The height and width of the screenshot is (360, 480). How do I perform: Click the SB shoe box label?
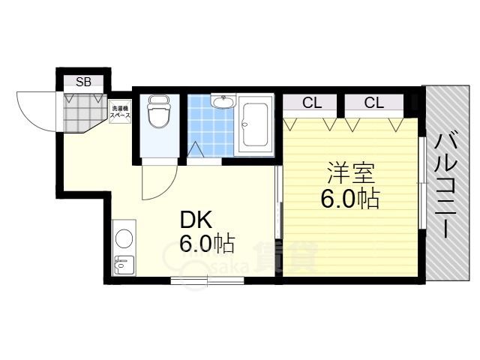(x=83, y=82)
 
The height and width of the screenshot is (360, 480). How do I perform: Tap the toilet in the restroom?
(x=157, y=115)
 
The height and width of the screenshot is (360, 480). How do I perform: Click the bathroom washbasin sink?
(x=223, y=102)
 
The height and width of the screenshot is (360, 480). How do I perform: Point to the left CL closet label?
(x=310, y=103)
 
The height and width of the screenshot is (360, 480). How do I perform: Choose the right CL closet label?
(x=373, y=103)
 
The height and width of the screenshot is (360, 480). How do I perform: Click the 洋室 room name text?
(x=350, y=173)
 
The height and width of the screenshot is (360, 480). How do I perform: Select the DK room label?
(x=196, y=220)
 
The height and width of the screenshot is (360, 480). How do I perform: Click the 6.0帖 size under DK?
(x=205, y=244)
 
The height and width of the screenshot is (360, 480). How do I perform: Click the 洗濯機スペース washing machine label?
(x=120, y=112)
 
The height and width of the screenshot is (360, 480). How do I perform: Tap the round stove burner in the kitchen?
(x=124, y=238)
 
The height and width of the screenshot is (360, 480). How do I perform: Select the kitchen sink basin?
(x=122, y=264)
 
